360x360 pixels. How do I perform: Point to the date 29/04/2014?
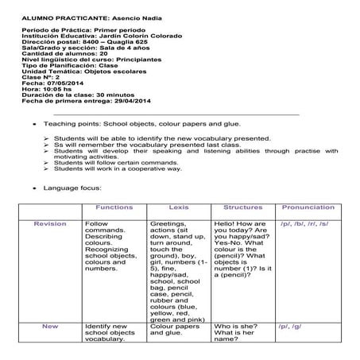[x=127, y=102]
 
